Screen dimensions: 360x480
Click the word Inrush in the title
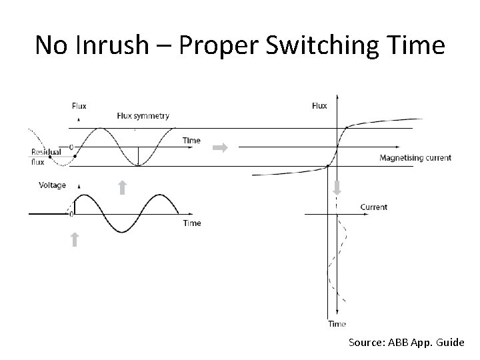pos(113,45)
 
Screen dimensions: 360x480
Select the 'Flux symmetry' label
pos(143,115)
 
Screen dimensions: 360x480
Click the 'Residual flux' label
pos(45,156)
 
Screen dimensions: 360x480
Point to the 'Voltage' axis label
pos(53,185)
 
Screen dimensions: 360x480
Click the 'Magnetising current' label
pos(415,158)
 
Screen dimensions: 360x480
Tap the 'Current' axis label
pos(373,207)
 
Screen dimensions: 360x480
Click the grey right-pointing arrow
pos(220,148)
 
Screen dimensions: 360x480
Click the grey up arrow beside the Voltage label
pos(122,187)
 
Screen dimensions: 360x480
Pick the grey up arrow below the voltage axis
pos(75,239)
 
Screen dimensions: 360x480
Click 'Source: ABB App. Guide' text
pos(406,342)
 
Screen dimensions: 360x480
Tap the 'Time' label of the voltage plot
pos(191,223)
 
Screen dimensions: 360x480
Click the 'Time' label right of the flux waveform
pos(191,141)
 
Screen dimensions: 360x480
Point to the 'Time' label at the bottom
pos(337,324)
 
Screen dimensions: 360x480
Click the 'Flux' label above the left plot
pos(79,105)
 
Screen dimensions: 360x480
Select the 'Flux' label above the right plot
pos(319,105)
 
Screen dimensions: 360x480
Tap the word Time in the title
pos(417,45)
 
